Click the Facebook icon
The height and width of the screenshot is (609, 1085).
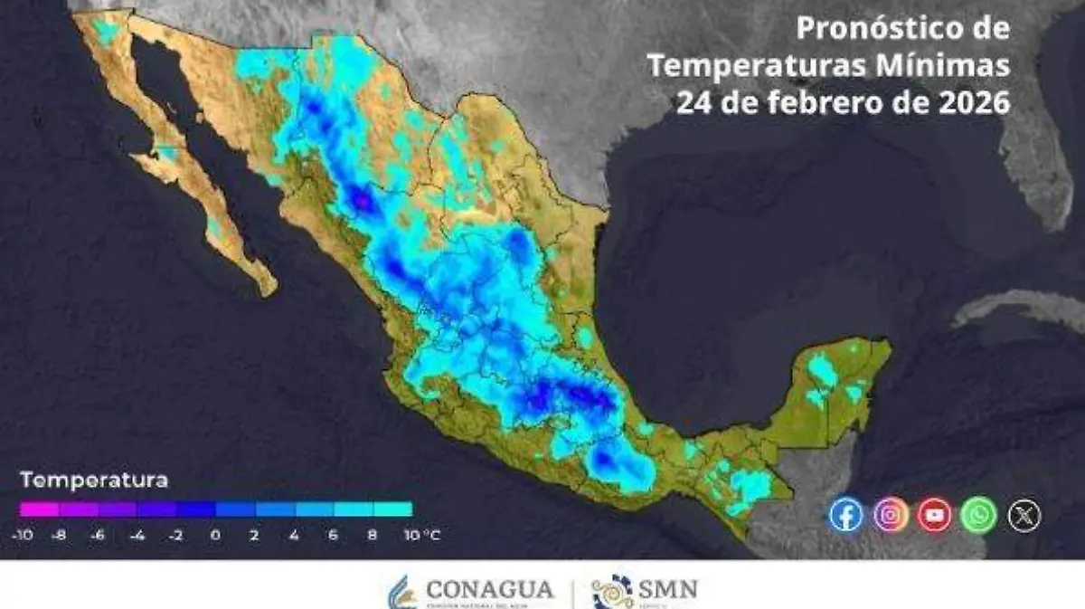pyautogui.click(x=845, y=515)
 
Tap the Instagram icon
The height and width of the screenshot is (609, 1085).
pyautogui.click(x=891, y=515)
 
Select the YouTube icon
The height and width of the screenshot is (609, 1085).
pyautogui.click(x=935, y=515)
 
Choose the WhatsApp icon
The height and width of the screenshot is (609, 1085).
pyautogui.click(x=979, y=515)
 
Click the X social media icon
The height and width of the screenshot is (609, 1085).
pyautogui.click(x=1024, y=515)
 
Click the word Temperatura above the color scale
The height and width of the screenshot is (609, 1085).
pyautogui.click(x=94, y=480)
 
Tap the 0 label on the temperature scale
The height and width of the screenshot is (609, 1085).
pyautogui.click(x=215, y=535)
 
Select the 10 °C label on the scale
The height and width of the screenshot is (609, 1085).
pyautogui.click(x=421, y=535)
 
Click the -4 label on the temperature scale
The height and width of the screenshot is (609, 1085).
pyautogui.click(x=137, y=535)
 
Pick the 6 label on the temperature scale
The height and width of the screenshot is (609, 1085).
pyautogui.click(x=334, y=535)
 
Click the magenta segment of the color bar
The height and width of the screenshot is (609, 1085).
pyautogui.click(x=38, y=509)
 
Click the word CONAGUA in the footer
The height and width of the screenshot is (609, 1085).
pyautogui.click(x=489, y=590)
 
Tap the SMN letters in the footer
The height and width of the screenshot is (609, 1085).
pyautogui.click(x=669, y=590)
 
